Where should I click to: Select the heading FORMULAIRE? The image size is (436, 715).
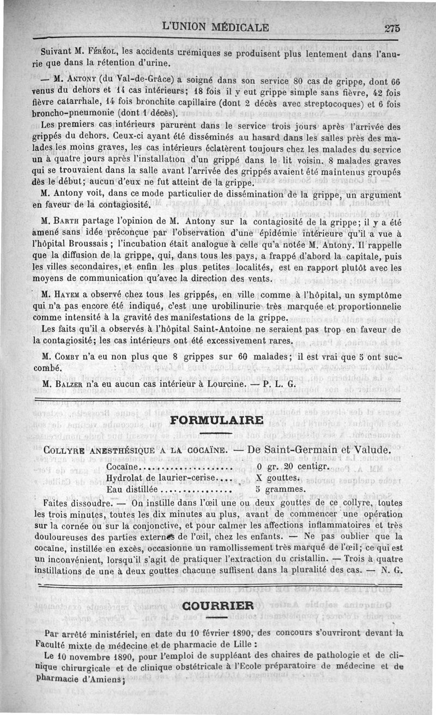(217, 420)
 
